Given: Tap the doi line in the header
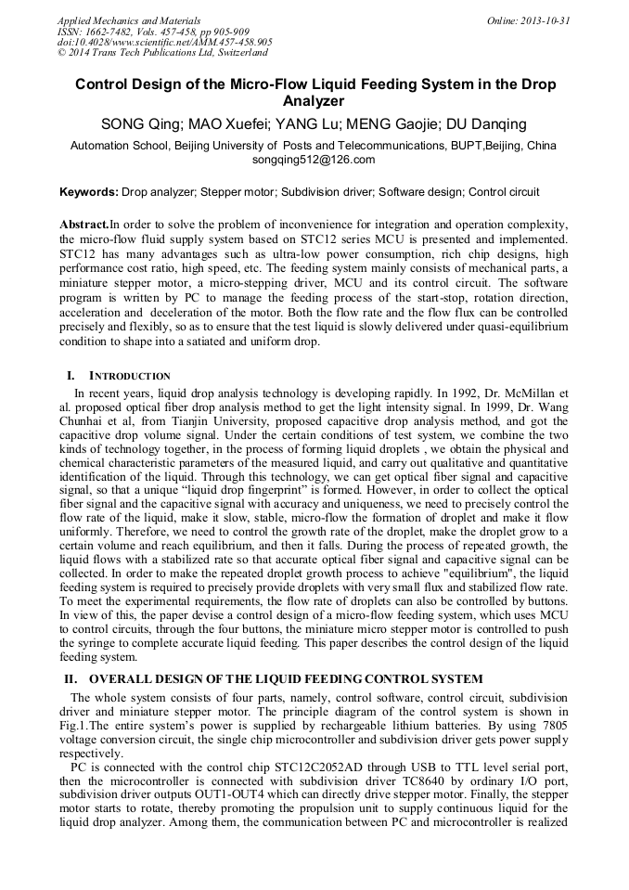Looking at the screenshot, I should (x=164, y=43).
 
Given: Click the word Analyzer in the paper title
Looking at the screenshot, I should (x=314, y=101).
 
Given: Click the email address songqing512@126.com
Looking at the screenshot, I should (x=314, y=160).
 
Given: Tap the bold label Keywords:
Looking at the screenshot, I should (x=88, y=192).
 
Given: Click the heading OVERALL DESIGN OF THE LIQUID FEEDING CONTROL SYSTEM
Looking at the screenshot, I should (x=286, y=679).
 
